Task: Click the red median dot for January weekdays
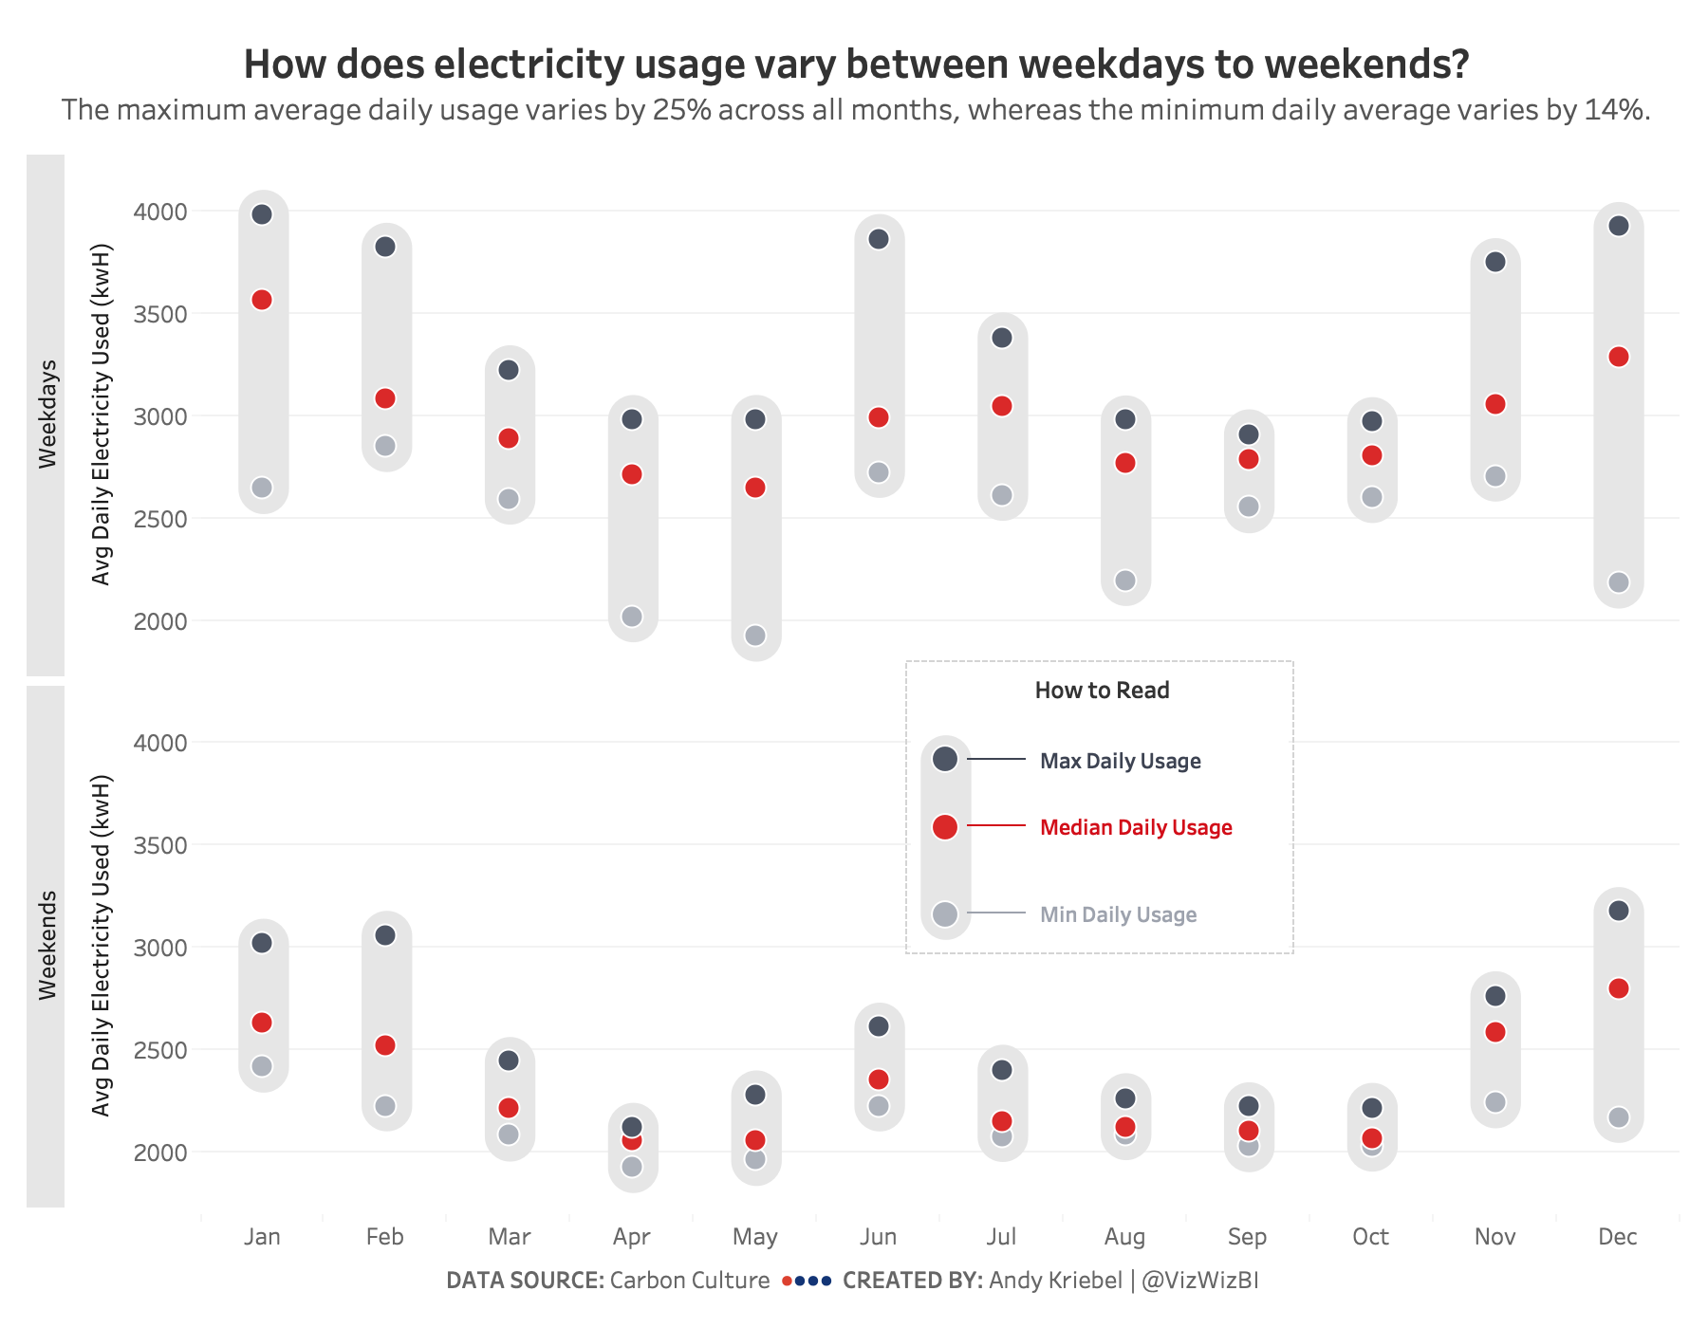[x=262, y=300]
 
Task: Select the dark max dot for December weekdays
[x=1619, y=226]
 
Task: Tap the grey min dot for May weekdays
[x=755, y=636]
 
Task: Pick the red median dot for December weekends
[x=1619, y=988]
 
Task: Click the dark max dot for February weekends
[x=385, y=935]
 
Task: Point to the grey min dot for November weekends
[x=1495, y=1102]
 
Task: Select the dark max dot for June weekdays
[x=879, y=239]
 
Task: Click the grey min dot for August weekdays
[x=1125, y=581]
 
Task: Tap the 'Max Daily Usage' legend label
[x=1120, y=761]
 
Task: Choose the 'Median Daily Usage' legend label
[x=1136, y=827]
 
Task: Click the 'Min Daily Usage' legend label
[x=1118, y=914]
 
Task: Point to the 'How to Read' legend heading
[x=1102, y=691]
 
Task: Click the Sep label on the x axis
[x=1247, y=1237]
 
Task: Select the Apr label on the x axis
[x=632, y=1237]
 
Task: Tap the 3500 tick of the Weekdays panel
[x=160, y=314]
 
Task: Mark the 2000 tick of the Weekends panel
[x=160, y=1153]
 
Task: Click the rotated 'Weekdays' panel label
[x=47, y=415]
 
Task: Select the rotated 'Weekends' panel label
[x=47, y=946]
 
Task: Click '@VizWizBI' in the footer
[x=1200, y=1281]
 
